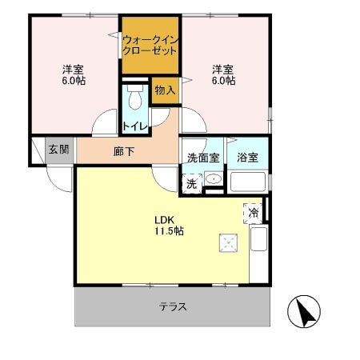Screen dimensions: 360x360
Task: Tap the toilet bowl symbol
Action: point(134,98)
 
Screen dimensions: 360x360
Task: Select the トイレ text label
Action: point(134,126)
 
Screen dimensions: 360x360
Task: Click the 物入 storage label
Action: point(165,90)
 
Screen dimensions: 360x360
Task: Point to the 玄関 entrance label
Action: point(58,150)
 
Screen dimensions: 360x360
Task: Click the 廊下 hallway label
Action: point(123,150)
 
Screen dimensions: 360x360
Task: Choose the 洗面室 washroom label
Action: point(204,158)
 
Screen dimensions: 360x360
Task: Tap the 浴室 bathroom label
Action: point(247,158)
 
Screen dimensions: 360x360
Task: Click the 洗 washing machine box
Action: point(192,183)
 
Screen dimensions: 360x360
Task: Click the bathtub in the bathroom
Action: point(249,182)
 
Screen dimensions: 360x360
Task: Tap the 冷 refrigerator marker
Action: point(254,213)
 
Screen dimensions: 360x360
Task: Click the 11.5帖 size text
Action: point(169,231)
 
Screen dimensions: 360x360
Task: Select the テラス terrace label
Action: point(173,306)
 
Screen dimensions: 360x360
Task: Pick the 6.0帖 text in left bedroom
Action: point(74,81)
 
